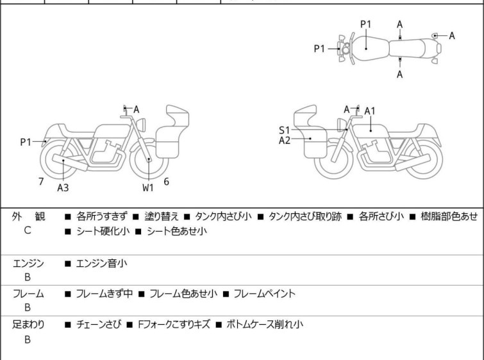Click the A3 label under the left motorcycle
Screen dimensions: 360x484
pyautogui.click(x=63, y=188)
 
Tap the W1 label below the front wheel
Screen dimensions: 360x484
pyautogui.click(x=148, y=188)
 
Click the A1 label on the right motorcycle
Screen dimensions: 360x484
pyautogui.click(x=370, y=111)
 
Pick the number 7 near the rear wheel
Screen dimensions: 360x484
pyautogui.click(x=41, y=182)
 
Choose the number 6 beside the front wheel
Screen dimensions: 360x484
pyautogui.click(x=166, y=182)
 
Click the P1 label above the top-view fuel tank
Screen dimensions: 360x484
pyautogui.click(x=366, y=24)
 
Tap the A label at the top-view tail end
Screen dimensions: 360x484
pyautogui.click(x=452, y=35)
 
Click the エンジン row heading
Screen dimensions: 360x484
pyautogui.click(x=28, y=262)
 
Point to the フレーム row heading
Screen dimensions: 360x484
pyautogui.click(x=28, y=294)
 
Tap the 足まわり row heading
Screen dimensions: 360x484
pyautogui.click(x=28, y=325)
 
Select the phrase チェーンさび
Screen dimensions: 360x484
pyautogui.click(x=96, y=325)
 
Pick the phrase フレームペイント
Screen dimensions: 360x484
pyautogui.click(x=264, y=294)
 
